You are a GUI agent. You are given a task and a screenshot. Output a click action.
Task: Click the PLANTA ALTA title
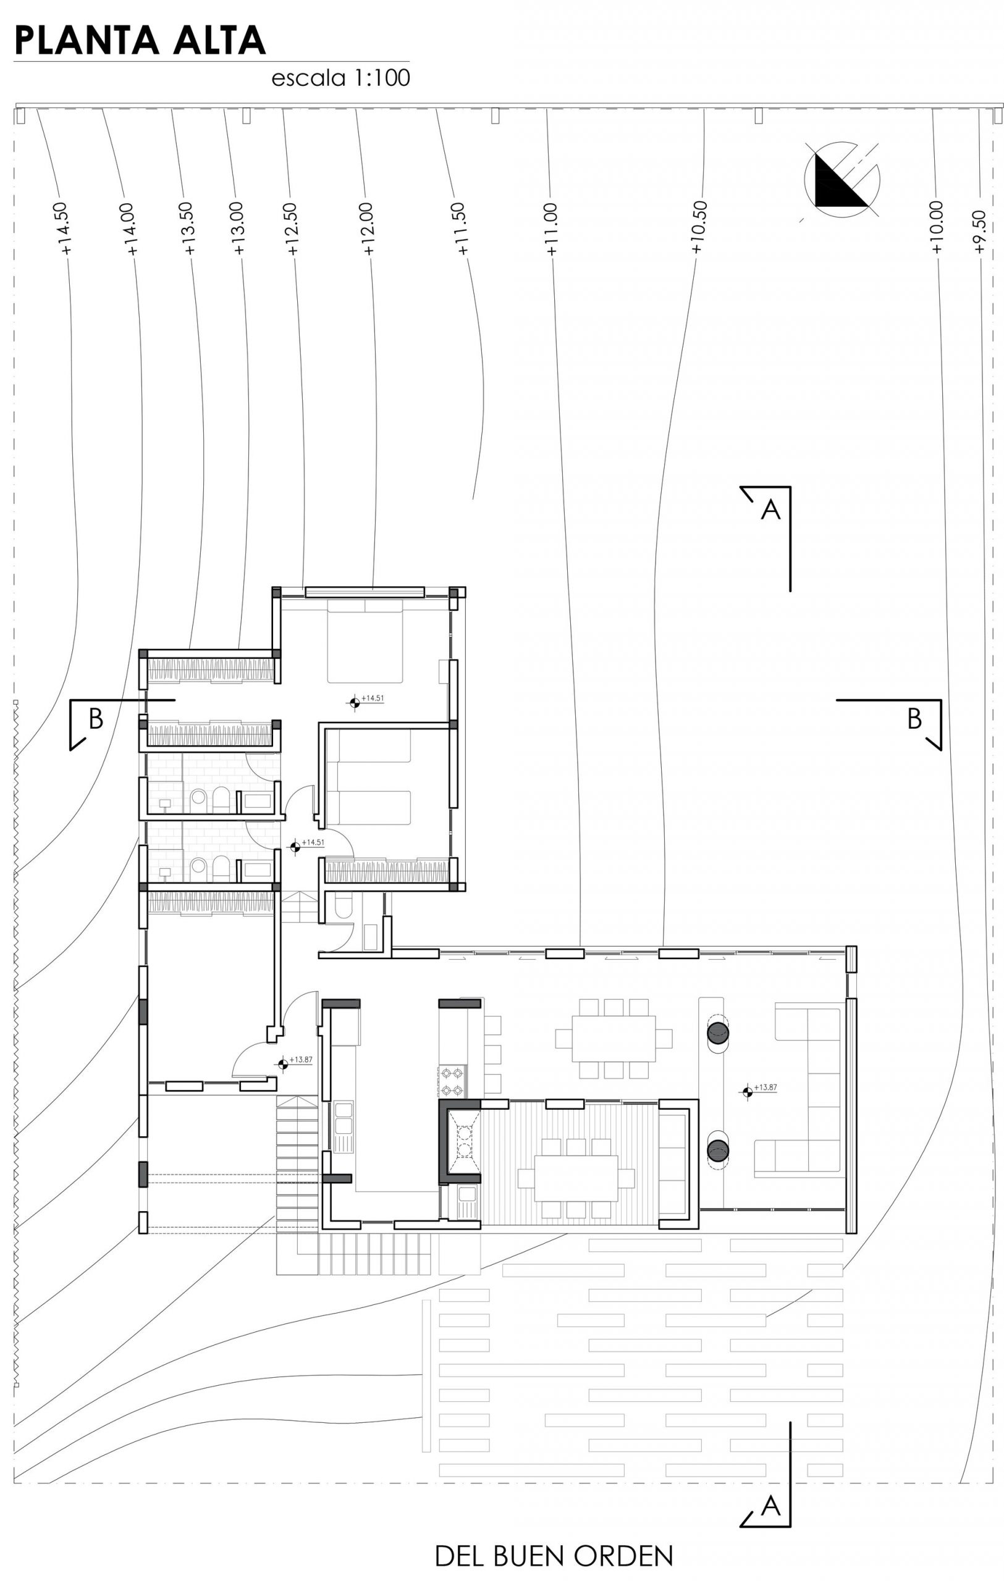140,41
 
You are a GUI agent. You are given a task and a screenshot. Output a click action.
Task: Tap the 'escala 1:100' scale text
341,78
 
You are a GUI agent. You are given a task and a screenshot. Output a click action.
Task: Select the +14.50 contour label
64,229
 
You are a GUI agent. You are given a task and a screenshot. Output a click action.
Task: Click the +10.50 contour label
698,227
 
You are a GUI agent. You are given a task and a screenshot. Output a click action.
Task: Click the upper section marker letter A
770,510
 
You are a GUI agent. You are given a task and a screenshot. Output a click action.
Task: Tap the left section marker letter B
96,719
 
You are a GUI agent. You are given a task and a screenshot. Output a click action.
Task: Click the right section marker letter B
914,719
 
